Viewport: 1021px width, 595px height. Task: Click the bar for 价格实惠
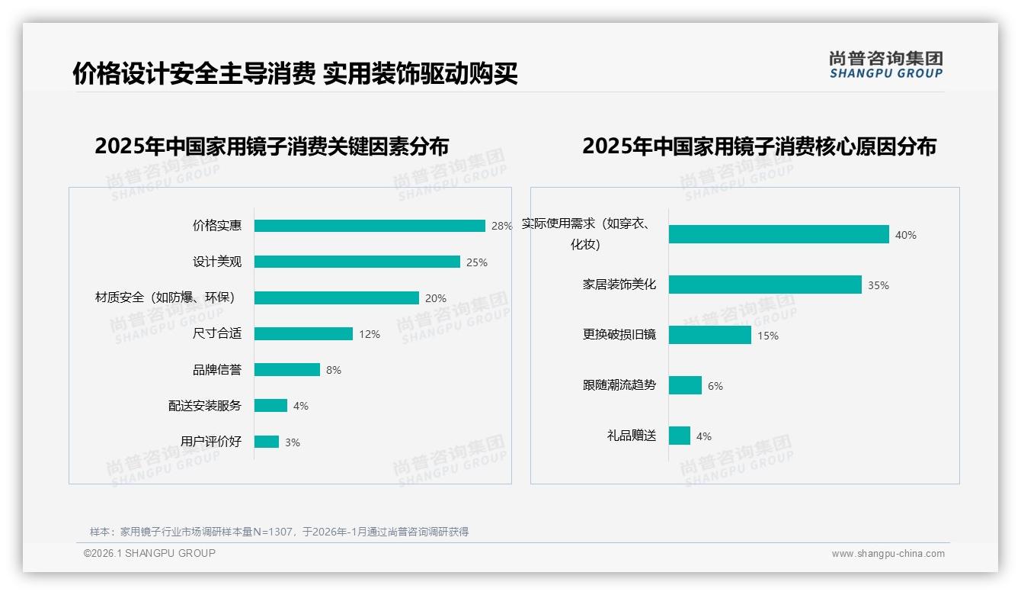[x=370, y=226]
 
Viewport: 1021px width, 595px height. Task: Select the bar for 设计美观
[x=357, y=262]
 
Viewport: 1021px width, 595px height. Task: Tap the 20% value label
[x=436, y=298]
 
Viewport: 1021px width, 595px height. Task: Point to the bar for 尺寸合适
[x=303, y=334]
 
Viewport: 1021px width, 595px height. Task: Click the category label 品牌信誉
[x=217, y=370]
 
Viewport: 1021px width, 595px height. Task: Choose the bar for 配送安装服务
[x=270, y=406]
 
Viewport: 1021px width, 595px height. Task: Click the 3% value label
[x=293, y=442]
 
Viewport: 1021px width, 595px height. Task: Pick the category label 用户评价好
[x=211, y=442]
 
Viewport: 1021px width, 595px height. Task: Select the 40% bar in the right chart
[x=779, y=234]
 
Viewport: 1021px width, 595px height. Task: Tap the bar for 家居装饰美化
[x=765, y=285]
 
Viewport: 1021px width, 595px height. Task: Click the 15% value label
[x=768, y=336]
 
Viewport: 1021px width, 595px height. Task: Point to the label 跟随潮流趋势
[x=619, y=385]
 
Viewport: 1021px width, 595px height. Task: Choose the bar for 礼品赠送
[x=680, y=436]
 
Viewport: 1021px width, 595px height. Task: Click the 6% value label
[x=715, y=386]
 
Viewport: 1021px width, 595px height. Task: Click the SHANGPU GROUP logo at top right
[x=886, y=65]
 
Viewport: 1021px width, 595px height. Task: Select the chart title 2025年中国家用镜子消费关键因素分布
[x=272, y=146]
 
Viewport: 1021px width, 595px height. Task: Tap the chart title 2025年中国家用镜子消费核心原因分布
[x=759, y=146]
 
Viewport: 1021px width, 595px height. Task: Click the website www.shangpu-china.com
[x=888, y=554]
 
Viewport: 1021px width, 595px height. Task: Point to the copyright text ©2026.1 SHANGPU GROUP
[x=149, y=553]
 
